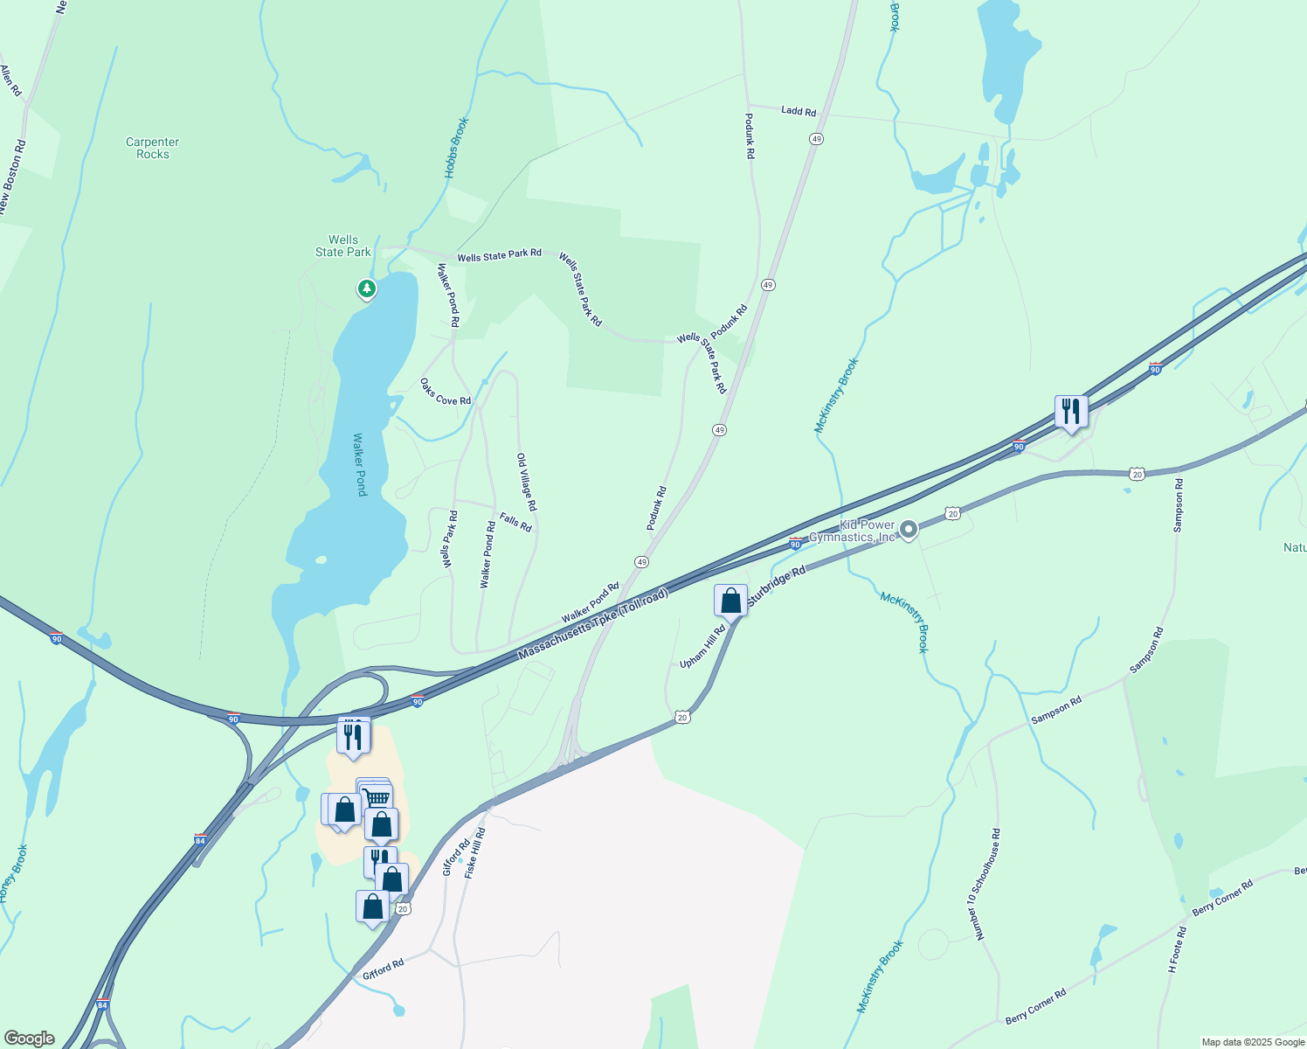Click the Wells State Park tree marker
(367, 288)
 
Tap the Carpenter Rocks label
(153, 148)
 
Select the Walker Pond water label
(360, 464)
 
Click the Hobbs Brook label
(456, 148)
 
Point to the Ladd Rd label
(799, 111)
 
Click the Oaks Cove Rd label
(446, 392)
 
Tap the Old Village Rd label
(527, 483)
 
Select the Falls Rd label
(515, 522)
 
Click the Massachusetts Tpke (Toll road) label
(593, 624)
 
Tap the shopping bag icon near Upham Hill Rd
(730, 601)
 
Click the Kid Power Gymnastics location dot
(909, 529)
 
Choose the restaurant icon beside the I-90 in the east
(1071, 412)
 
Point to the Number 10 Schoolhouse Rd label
(985, 885)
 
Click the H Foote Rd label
(1178, 950)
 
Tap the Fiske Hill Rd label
(475, 852)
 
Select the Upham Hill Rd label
(703, 647)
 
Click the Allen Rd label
(10, 80)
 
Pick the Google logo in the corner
(29, 1039)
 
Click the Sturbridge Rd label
(776, 587)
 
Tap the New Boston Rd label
(13, 177)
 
